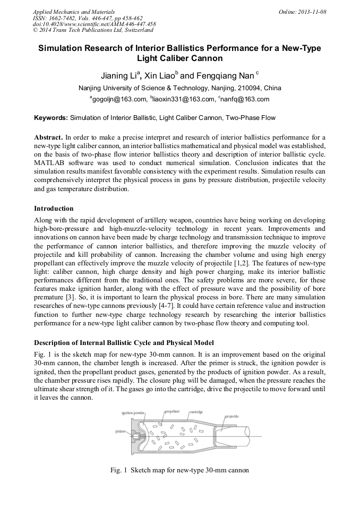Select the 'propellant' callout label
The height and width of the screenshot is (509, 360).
[x=172, y=411]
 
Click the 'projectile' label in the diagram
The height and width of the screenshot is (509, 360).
[x=232, y=417]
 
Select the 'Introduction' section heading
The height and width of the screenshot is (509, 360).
[x=54, y=208]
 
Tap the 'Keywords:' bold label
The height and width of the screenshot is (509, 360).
[x=51, y=117]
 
